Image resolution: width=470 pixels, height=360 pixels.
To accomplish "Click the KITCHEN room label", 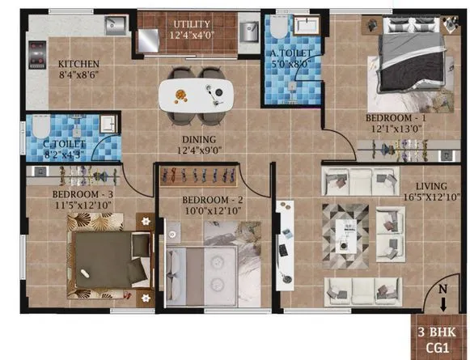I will pos(78,63).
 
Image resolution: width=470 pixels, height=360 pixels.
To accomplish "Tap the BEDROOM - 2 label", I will pos(201,200).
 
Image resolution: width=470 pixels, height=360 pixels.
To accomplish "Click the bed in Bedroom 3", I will pos(108,256).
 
